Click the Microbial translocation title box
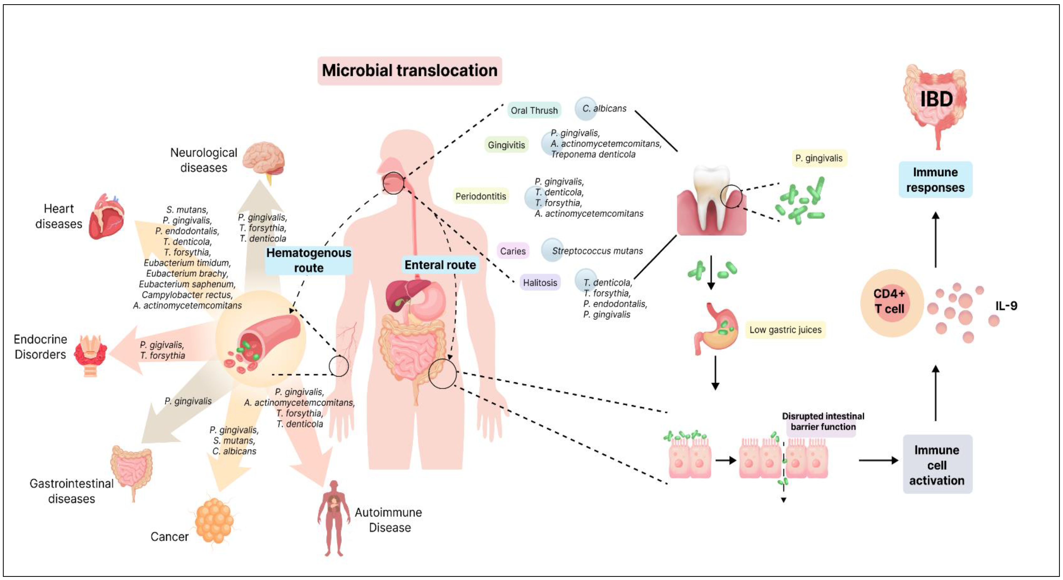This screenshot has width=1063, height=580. (409, 71)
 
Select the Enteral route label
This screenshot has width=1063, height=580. (440, 265)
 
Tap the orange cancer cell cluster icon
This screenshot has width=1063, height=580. (214, 520)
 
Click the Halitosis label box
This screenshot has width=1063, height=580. (540, 282)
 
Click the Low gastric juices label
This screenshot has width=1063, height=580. (785, 330)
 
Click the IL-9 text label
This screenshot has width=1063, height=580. (1006, 306)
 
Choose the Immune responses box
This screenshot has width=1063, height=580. (935, 180)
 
